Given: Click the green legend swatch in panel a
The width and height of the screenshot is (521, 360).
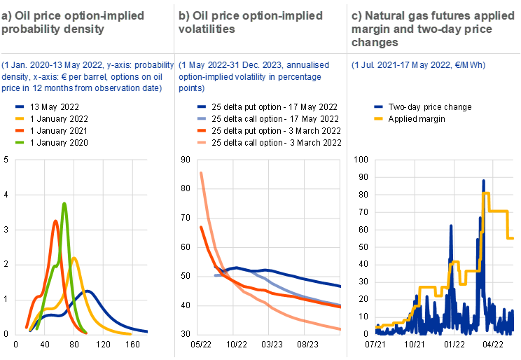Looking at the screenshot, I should pos(20,142).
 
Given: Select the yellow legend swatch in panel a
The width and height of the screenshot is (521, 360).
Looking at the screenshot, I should pos(20,118).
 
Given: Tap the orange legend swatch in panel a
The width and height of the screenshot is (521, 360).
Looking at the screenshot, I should pos(20,130).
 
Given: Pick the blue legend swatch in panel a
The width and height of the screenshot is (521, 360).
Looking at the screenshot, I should pos(20,106).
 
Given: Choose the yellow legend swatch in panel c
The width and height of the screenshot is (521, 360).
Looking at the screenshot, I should pos(379,118).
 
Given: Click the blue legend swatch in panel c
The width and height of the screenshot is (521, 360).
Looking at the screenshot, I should pos(379,106).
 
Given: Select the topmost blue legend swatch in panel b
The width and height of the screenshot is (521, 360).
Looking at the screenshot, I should pos(202,106).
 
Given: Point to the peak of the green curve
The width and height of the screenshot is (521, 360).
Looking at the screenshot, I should pos(64,204).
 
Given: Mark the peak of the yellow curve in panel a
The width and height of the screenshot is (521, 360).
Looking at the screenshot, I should pos(74,258).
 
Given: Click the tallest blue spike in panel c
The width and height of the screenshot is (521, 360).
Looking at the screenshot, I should pos(483,181).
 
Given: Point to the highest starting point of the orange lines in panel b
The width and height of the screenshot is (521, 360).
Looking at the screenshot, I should pos(201,172).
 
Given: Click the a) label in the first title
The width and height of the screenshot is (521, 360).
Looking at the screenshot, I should pos(7,15).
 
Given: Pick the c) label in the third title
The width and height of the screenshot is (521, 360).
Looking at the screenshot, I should pos(357,15).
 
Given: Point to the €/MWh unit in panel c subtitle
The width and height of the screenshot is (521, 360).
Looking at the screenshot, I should pos(467,65).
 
